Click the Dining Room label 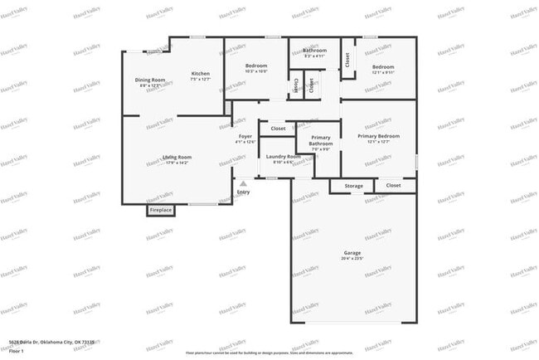coord(151,80)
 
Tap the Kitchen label coord(201,74)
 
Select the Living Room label coord(177,157)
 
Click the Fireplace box coord(161,210)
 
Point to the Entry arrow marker coord(243,184)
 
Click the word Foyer coord(245,136)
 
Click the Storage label coord(354,186)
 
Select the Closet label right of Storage coord(393,186)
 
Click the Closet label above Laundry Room coord(279,129)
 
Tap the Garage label coord(352,252)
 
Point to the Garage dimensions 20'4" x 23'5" coord(352,259)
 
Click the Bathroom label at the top coord(314,50)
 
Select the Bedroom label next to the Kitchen coord(255,66)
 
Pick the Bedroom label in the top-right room coord(382,66)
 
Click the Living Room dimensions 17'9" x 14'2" coord(177,163)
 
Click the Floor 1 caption coord(15,350)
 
